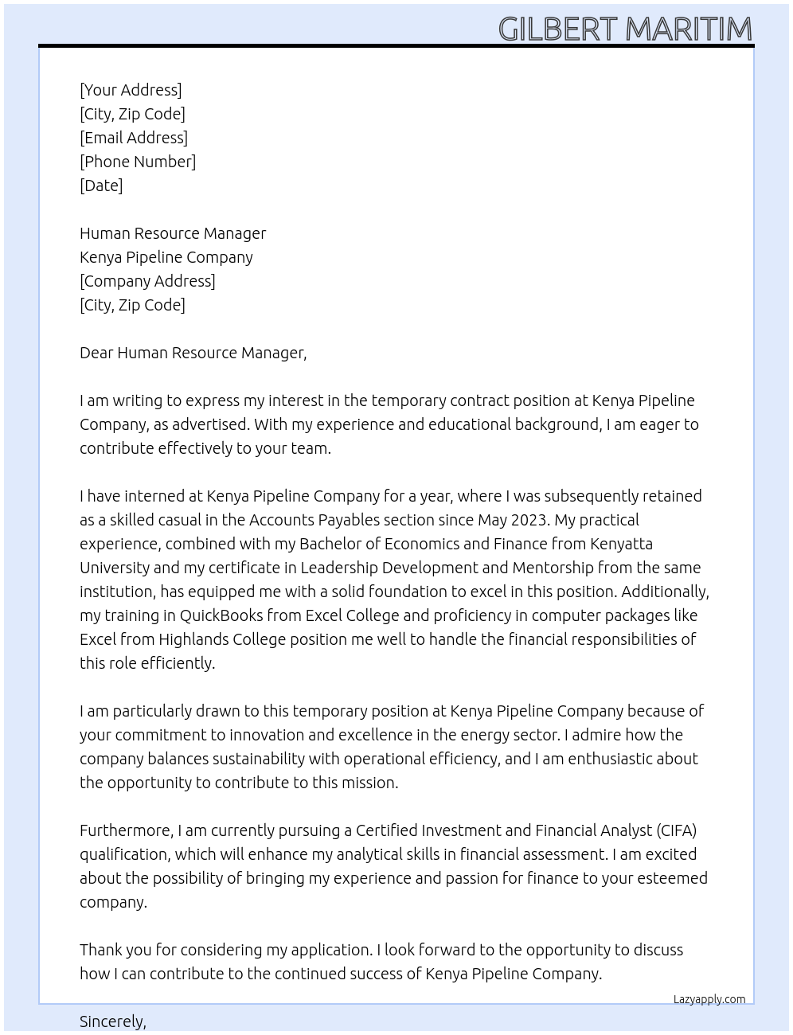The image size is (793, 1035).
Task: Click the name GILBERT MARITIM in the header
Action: [x=625, y=29]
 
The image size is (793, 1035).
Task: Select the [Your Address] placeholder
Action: [x=131, y=90]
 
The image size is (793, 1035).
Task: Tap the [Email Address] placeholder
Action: [x=134, y=138]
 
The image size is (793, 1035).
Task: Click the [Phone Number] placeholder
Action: [x=138, y=162]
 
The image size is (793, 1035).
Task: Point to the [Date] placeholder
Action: [x=101, y=186]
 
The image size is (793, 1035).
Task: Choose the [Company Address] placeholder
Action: [x=147, y=281]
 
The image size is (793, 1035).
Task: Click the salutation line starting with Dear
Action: [x=193, y=353]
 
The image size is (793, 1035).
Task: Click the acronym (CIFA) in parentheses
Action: [x=677, y=830]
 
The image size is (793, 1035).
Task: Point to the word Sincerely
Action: [x=112, y=1021]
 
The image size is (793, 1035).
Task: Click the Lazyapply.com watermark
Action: [x=709, y=999]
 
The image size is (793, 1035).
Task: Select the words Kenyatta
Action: [x=621, y=544]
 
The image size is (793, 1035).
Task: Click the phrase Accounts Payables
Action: [x=316, y=520]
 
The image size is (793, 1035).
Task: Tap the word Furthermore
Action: [x=126, y=830]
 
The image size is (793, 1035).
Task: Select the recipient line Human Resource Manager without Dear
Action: [x=173, y=233]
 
